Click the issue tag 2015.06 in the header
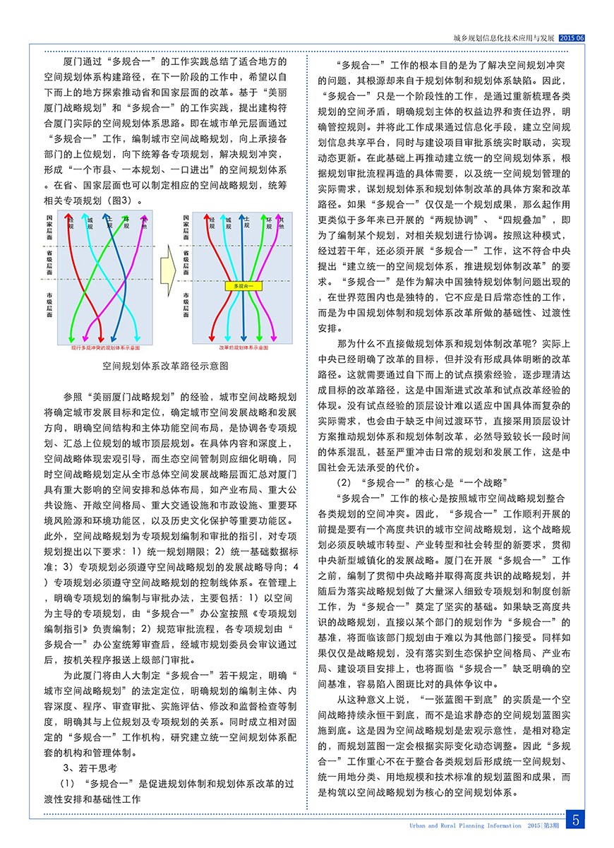(572, 37)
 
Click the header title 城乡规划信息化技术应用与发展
(505, 37)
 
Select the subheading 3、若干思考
(90, 767)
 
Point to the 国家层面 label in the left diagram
(49, 227)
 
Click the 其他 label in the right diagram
(282, 224)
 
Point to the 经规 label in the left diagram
(71, 224)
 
